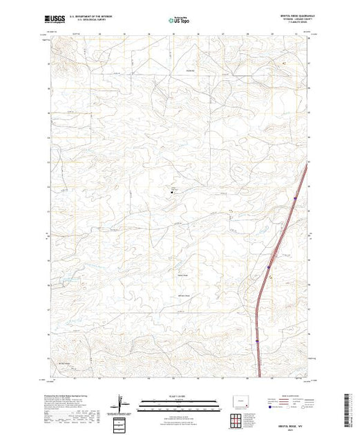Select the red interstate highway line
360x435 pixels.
(x=261, y=297)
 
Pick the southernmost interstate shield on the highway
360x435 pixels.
(x=256, y=340)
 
